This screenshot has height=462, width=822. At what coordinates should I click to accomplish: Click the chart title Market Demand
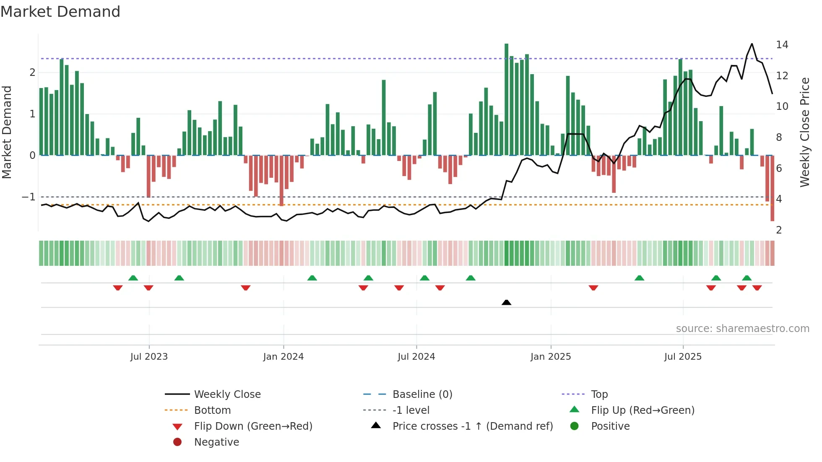60,12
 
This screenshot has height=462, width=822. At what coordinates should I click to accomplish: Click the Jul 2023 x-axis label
149,357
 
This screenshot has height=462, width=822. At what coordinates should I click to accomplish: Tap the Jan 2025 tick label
551,357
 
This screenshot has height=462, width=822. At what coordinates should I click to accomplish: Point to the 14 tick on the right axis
782,45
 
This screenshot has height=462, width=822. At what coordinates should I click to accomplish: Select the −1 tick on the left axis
29,197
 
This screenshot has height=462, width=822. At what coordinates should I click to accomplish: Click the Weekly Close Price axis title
804,132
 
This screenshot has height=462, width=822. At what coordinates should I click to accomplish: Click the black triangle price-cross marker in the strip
506,302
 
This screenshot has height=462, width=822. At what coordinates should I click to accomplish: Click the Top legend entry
599,394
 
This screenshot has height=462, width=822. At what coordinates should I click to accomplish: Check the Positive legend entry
610,426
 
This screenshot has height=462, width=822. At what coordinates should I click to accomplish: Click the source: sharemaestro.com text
742,328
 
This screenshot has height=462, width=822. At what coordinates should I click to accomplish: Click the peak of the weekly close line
752,44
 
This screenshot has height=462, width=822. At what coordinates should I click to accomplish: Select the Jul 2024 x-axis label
416,357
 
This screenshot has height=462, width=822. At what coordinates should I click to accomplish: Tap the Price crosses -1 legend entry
472,426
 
